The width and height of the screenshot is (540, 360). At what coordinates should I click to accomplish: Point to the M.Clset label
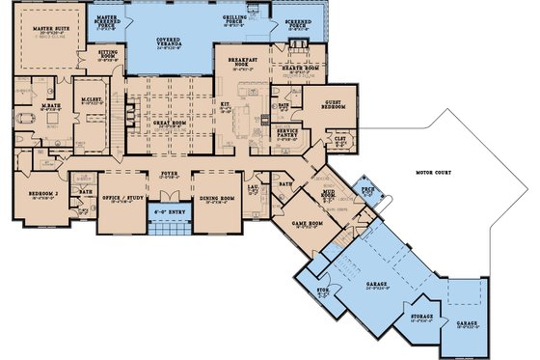[93, 99]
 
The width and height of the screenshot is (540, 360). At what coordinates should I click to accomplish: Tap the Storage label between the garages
[420, 316]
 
